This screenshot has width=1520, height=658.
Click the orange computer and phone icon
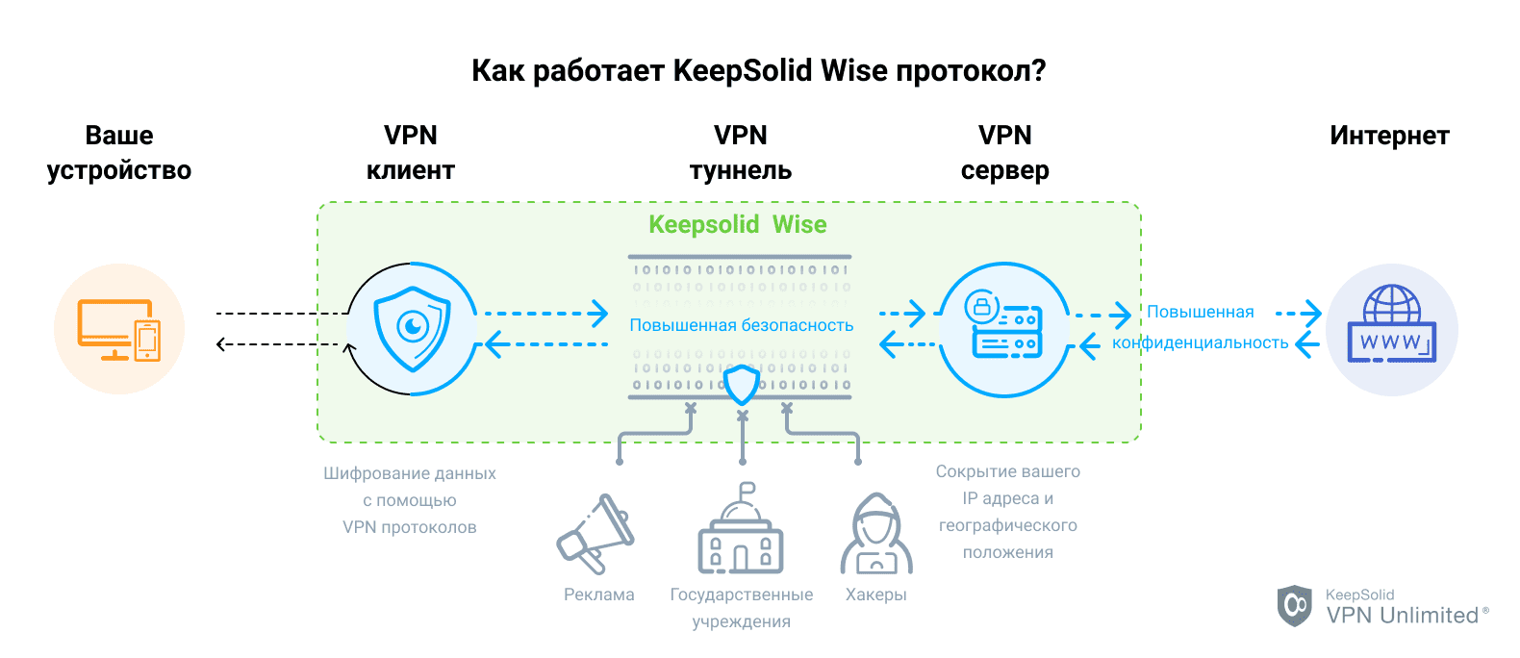118,330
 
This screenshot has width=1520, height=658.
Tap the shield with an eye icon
413,329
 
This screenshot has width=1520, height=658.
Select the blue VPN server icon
1003,330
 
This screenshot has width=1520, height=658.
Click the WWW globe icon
1391,326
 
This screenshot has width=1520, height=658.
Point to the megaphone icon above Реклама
596,534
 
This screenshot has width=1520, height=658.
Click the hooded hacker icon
875,536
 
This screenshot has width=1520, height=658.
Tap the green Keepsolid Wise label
737,225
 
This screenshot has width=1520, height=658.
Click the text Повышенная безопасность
741,325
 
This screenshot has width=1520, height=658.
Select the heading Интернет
1389,136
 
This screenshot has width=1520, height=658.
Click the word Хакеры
875,595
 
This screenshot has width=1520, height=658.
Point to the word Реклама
598,595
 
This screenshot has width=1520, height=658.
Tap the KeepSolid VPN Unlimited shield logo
1294,606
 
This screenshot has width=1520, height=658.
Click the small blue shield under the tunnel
741,384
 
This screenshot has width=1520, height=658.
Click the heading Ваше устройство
119,153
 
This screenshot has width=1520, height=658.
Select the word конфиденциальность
1200,342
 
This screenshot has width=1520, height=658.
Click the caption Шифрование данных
410,473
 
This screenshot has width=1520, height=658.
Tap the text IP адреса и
1007,498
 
